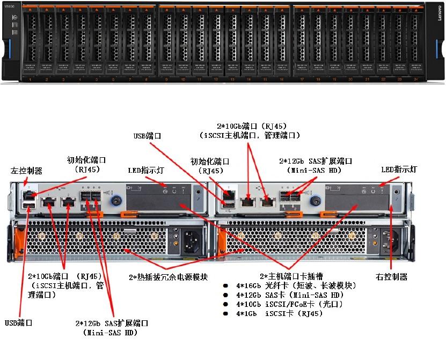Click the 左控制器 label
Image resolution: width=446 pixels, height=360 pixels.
click(26, 171)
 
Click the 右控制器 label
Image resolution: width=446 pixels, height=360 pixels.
click(391, 277)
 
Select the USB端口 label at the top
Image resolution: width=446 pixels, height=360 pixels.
click(148, 136)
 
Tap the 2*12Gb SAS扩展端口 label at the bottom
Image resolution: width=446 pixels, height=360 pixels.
click(112, 328)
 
